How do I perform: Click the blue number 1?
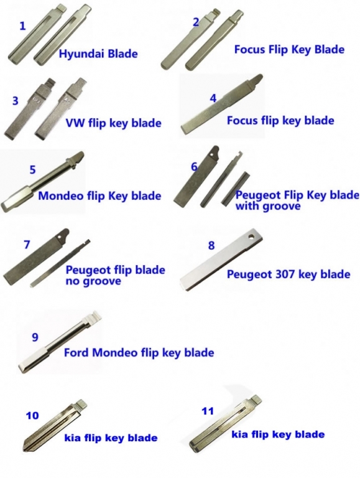point(22,26)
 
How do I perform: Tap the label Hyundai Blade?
point(98,54)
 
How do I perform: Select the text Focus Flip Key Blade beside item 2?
point(289,49)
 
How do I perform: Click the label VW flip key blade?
point(113,123)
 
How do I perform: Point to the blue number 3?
point(15,101)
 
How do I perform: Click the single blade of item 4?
point(221,104)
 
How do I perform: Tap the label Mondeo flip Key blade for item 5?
point(99,195)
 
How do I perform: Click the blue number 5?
point(32,170)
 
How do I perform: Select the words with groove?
point(268,207)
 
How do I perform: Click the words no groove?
point(93,281)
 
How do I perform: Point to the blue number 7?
point(27,245)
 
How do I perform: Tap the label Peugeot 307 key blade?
point(288,274)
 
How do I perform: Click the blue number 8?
point(211,245)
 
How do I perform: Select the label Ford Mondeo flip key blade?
point(139,353)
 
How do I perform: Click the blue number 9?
point(35,337)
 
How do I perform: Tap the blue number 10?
point(32,416)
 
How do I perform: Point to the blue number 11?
point(208,411)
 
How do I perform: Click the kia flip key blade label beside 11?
point(278,434)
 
